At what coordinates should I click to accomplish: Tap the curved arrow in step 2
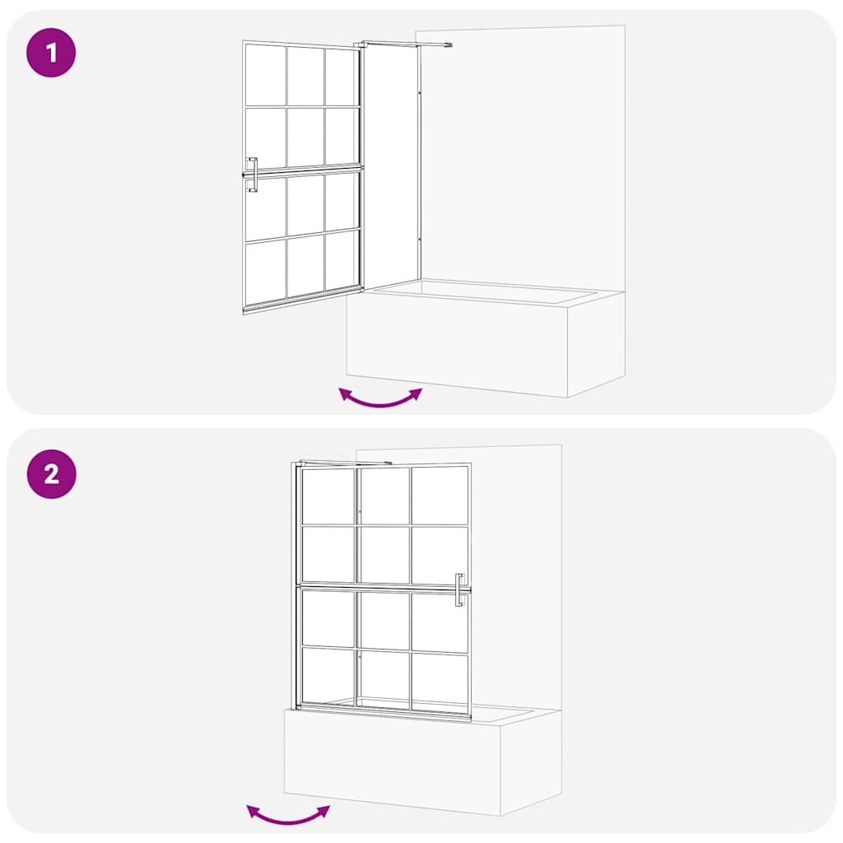point(288,815)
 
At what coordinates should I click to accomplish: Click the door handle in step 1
point(252,175)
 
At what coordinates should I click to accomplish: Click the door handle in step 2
point(460,589)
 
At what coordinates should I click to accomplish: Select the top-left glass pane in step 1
point(265,74)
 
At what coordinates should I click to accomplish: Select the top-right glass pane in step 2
point(440,496)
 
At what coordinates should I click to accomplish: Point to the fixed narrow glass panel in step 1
point(391,165)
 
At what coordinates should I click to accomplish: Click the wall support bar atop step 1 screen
point(403,44)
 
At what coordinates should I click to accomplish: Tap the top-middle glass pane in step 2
point(384,496)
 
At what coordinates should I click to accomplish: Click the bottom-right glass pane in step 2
point(440,678)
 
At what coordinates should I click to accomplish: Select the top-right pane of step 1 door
point(340,77)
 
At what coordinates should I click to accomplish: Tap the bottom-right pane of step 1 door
point(341,259)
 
